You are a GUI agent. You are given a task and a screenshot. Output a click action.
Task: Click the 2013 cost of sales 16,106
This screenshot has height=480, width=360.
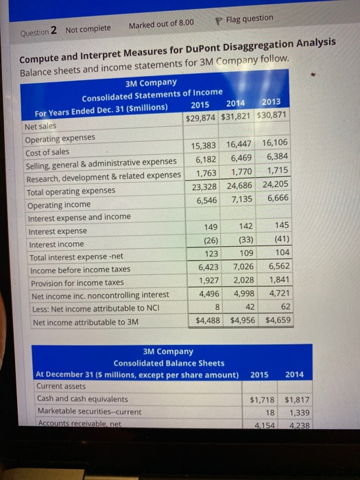[275, 144]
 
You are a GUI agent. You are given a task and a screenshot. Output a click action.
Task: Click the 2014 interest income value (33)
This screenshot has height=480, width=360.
[241, 240]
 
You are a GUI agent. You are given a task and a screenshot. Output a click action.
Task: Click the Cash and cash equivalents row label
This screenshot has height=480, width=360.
[82, 398]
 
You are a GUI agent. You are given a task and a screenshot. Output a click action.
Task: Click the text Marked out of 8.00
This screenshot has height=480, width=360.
[160, 25]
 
